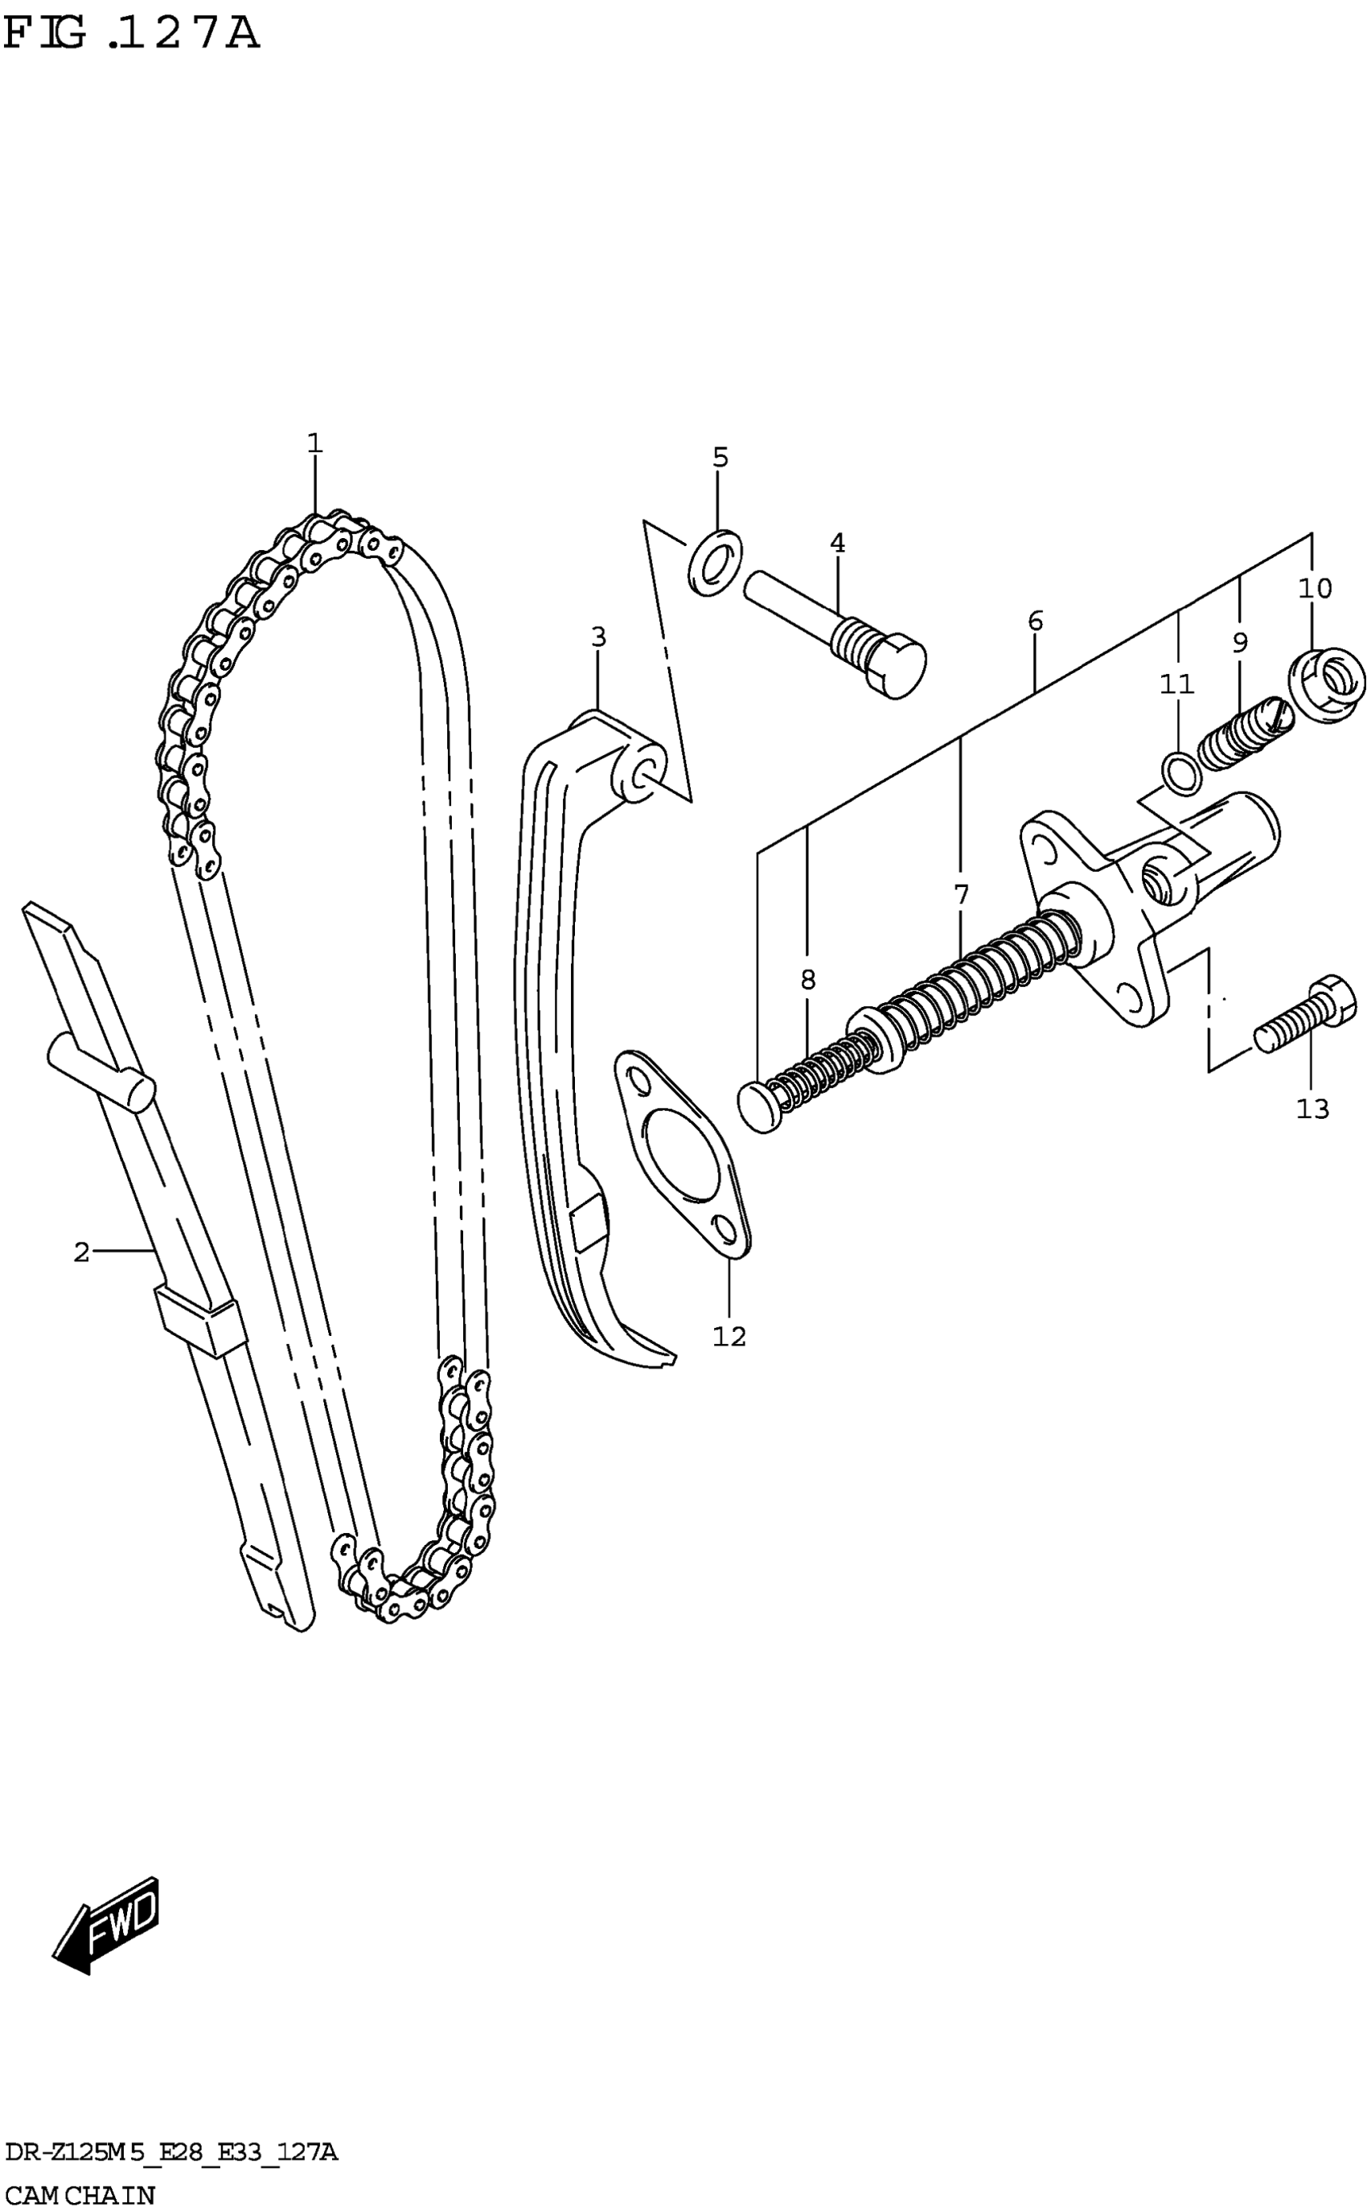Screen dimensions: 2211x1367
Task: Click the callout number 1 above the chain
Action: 314,443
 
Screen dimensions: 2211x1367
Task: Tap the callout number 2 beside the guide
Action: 81,1252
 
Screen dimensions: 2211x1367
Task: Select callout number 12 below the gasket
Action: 729,1337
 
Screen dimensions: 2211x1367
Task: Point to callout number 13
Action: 1312,1108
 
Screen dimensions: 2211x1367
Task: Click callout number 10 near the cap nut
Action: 1315,589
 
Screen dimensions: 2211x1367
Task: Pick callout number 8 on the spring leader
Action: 807,980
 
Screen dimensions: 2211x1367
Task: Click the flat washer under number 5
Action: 715,563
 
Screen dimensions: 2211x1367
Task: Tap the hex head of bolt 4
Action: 897,668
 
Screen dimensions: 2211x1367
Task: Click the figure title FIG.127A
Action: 131,35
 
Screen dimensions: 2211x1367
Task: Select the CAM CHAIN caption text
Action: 80,2194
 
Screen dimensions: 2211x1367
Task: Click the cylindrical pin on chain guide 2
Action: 102,1072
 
